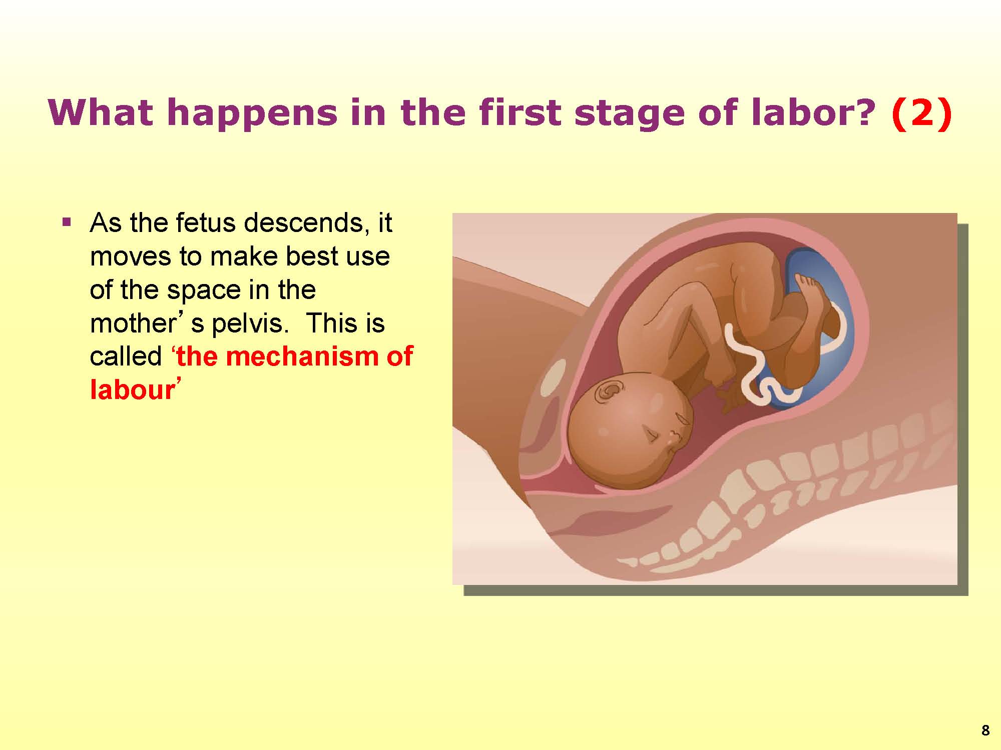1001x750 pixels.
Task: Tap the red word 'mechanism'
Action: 299,357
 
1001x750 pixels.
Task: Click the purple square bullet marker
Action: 66,221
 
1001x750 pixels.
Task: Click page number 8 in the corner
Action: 985,730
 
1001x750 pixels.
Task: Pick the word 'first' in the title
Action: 521,112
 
